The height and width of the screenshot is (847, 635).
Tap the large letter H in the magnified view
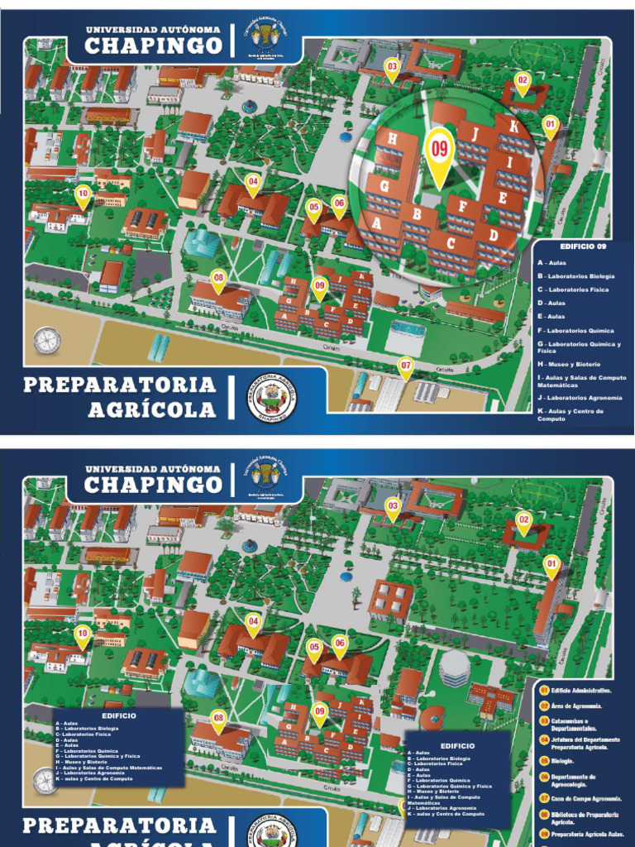(x=392, y=139)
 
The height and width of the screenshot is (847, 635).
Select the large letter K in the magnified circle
(x=513, y=127)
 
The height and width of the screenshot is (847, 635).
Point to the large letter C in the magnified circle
(x=451, y=243)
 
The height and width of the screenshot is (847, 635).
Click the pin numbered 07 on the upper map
(x=405, y=366)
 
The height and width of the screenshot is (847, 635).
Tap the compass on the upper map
(x=46, y=340)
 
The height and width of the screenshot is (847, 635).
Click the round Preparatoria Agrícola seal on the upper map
(x=271, y=398)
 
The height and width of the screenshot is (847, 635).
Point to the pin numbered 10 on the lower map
(x=82, y=635)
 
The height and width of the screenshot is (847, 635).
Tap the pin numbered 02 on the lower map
(x=523, y=522)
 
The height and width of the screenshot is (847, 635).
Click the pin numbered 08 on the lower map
(x=218, y=720)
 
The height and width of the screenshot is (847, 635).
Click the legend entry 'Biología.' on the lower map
(x=562, y=760)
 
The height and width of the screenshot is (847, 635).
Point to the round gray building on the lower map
(x=454, y=668)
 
